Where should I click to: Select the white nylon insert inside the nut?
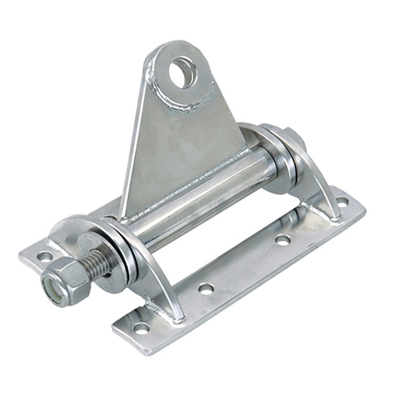51,287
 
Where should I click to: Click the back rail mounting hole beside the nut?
45,256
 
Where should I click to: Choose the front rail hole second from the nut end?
206,288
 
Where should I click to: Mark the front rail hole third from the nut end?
283,240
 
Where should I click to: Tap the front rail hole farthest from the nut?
342,201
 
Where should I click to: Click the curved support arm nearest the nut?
158,276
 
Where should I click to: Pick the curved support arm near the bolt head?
315,177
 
